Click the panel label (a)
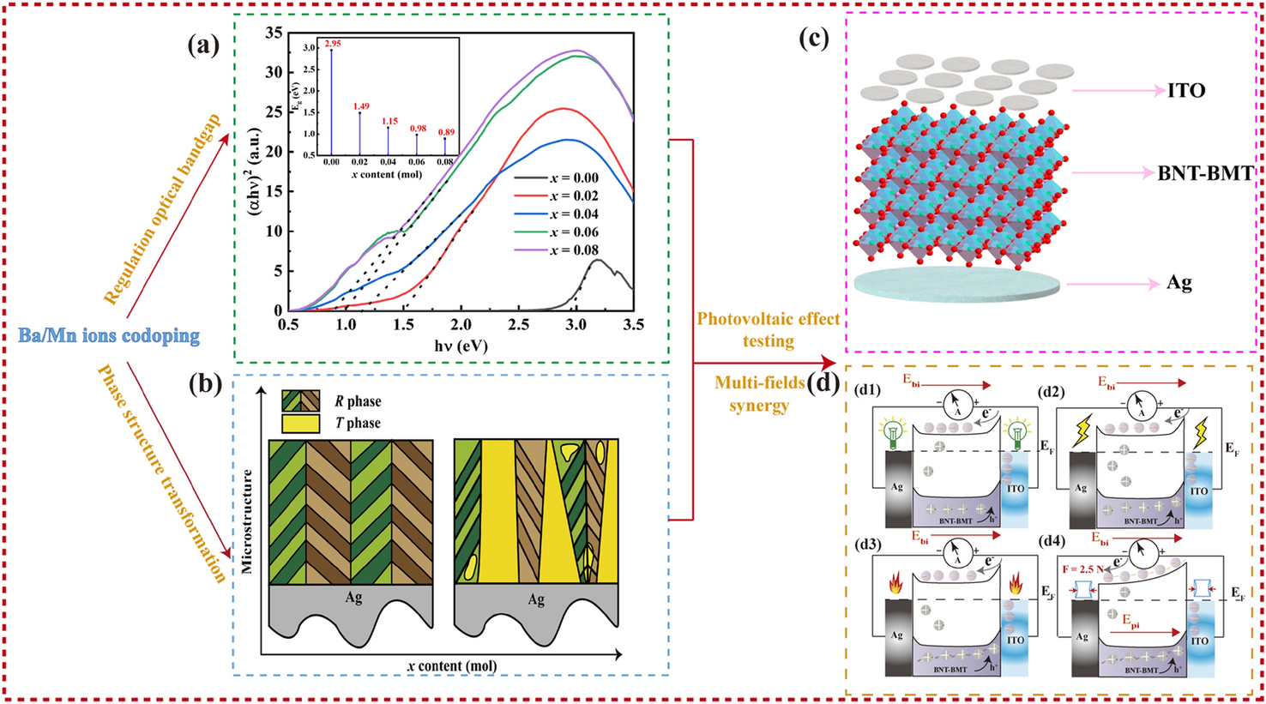[204, 45]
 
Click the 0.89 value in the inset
[446, 132]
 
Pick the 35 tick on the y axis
[274, 33]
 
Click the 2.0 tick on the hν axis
[461, 326]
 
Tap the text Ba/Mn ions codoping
[109, 334]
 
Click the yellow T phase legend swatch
[300, 423]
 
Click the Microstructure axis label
[248, 520]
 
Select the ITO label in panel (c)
[1185, 90]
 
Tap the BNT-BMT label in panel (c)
[1204, 173]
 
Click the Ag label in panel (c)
[1179, 284]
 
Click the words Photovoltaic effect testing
[768, 329]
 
